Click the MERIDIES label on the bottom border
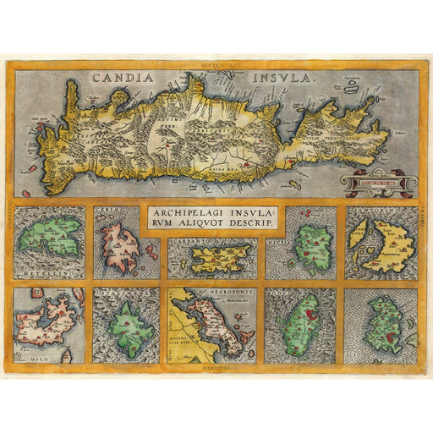[x=216, y=368]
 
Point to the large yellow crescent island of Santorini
[x=388, y=246]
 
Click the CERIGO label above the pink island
[x=107, y=215]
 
